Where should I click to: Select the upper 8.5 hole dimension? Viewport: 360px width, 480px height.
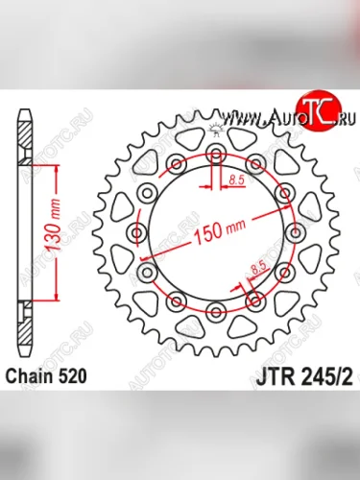tap(238, 179)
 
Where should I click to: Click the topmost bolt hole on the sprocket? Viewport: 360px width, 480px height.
tap(216, 155)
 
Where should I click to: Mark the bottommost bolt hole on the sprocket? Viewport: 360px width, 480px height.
tap(216, 314)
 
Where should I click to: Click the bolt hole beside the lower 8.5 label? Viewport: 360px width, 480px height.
tap(255, 303)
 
